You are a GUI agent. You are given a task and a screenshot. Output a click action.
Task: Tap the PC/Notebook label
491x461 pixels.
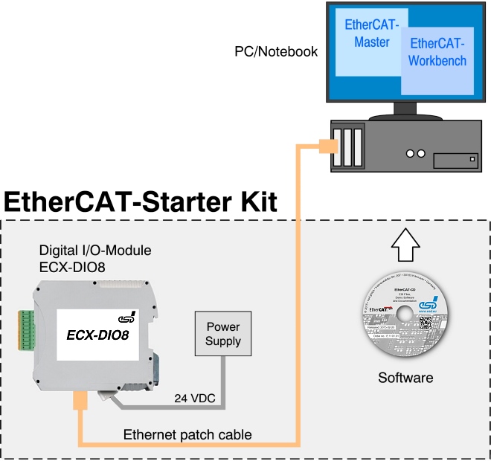click(276, 52)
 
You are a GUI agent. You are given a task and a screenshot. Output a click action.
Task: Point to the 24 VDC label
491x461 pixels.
click(196, 399)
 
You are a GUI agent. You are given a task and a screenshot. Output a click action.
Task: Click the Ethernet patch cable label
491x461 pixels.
click(187, 434)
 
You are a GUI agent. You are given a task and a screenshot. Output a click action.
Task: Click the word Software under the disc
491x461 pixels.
click(405, 378)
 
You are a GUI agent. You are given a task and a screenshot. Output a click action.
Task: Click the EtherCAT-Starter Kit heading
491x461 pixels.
click(141, 202)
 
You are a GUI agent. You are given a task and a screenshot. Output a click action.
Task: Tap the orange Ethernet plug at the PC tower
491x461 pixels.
click(325, 146)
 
